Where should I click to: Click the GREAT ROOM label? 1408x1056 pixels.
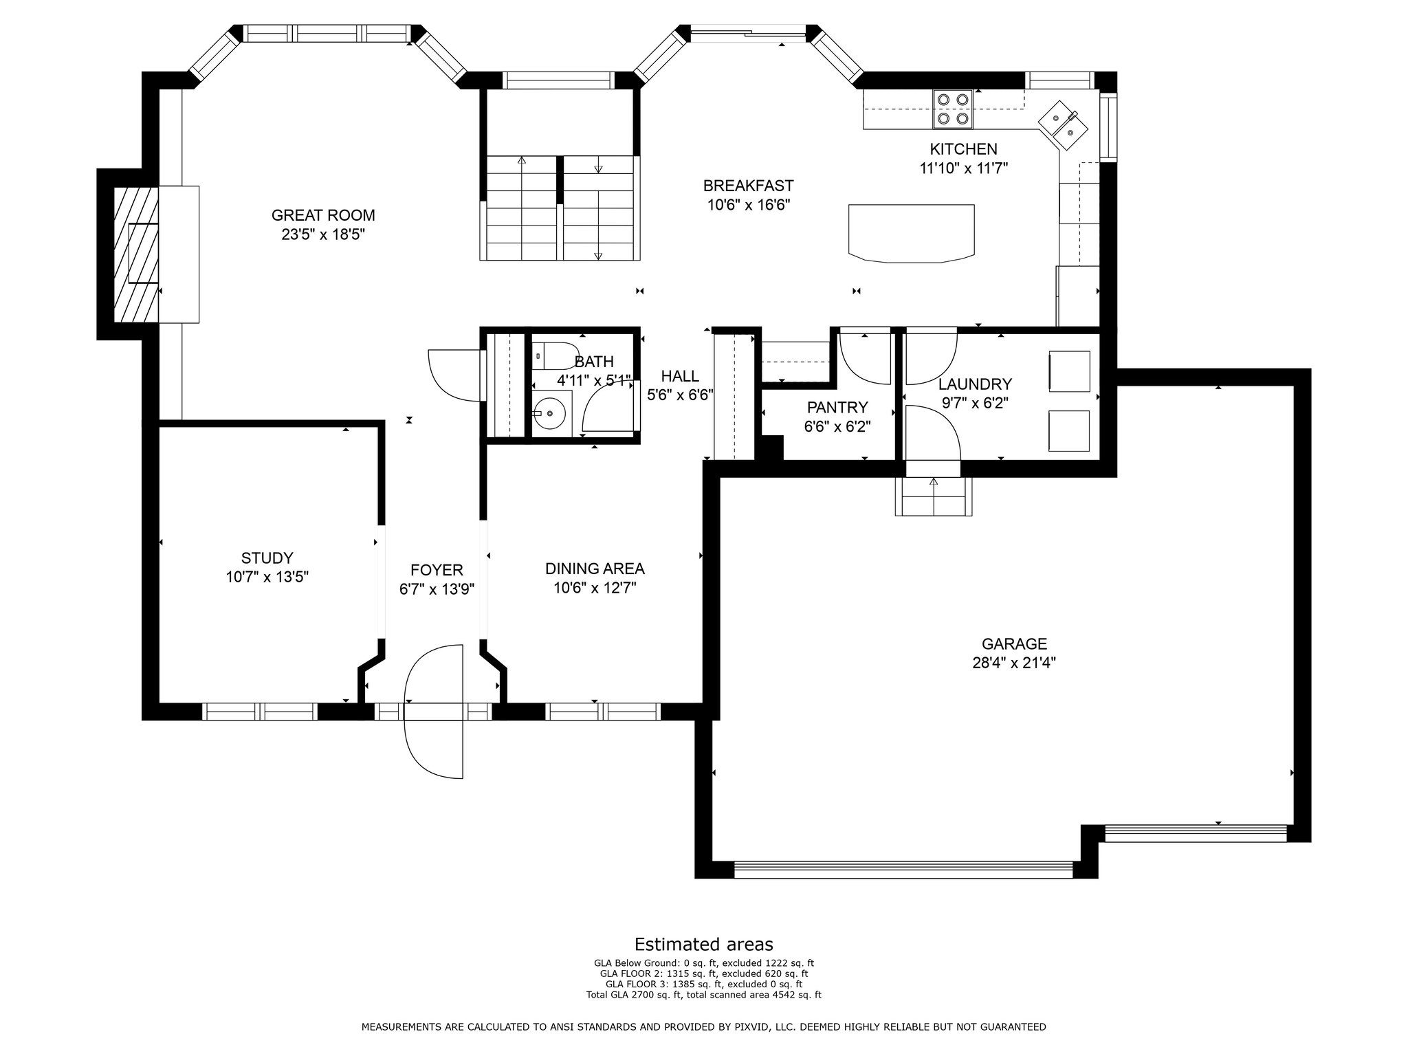323,216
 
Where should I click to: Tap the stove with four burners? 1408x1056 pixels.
953,109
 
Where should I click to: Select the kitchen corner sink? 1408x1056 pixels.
1063,124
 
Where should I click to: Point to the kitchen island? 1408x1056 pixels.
912,233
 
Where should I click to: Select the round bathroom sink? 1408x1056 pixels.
550,413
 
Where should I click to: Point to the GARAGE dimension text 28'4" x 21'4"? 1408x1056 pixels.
1014,663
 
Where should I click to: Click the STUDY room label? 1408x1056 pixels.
267,558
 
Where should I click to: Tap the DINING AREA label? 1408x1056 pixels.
595,569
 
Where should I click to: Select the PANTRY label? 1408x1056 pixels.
837,407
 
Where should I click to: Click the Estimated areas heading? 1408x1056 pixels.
704,944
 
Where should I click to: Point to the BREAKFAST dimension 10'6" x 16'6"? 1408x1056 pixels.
749,205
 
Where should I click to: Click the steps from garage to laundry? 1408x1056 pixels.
934,496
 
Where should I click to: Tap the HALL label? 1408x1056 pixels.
680,376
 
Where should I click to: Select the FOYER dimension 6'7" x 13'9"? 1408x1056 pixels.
437,588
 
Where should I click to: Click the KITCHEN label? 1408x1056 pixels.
963,149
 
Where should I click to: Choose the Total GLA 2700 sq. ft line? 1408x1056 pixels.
704,995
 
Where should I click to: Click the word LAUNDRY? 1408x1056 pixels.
975,384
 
